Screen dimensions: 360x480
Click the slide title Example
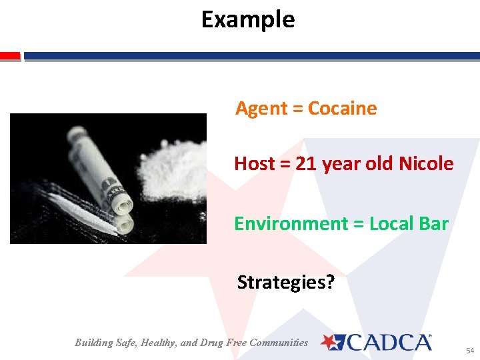click(x=247, y=19)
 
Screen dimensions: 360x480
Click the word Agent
click(x=261, y=109)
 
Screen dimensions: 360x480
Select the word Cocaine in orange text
click(x=343, y=109)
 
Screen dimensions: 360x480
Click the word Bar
click(x=433, y=224)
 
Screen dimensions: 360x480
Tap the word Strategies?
click(x=286, y=283)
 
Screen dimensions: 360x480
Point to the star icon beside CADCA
click(x=329, y=342)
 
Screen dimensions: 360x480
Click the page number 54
click(x=469, y=351)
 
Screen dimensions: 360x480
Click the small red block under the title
click(x=10, y=56)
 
